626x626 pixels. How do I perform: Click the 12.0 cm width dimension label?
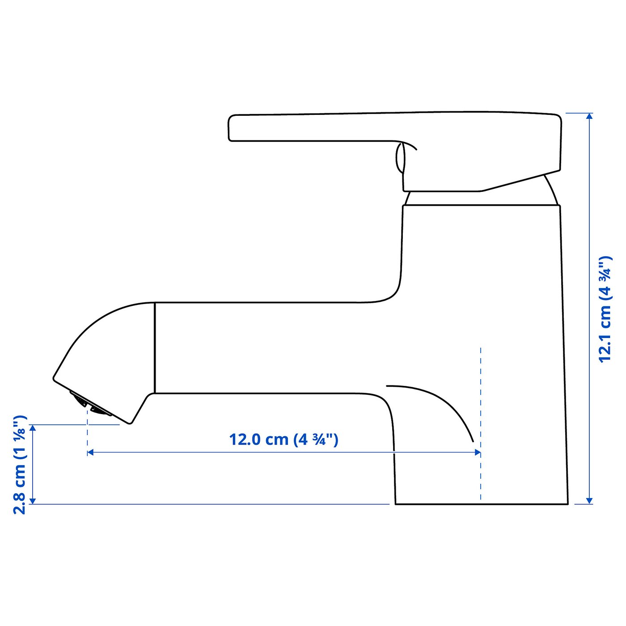283,439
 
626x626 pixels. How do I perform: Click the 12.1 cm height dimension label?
605,309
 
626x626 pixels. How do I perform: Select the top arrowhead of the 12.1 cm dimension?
589,116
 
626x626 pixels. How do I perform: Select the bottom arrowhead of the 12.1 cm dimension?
589,500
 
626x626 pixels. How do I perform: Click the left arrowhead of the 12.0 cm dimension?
90,453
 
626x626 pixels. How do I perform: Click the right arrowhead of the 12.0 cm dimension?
478,453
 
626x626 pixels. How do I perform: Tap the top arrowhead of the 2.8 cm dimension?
33,428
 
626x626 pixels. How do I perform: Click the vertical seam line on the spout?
155,348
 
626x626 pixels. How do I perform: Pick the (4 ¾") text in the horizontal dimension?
316,439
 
